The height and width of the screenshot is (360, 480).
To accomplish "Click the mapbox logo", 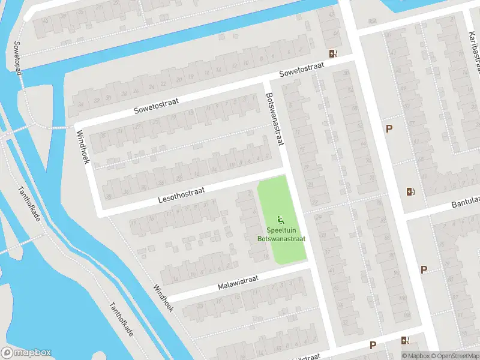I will (x=26, y=352).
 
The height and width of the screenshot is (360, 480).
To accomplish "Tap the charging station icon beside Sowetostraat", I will (x=333, y=53).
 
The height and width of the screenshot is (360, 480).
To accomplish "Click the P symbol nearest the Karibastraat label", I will (x=389, y=128).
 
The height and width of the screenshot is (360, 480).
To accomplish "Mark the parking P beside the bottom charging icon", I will (x=373, y=345).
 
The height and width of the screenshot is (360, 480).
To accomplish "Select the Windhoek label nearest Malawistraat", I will (x=163, y=298).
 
